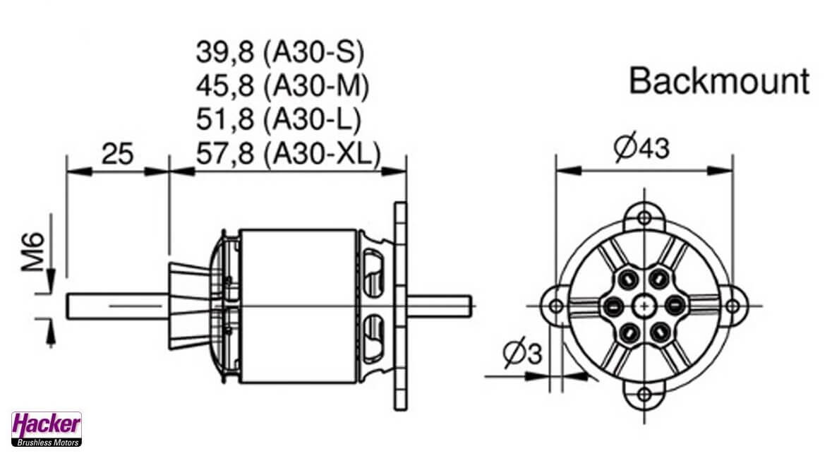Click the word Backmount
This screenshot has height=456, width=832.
(719, 81)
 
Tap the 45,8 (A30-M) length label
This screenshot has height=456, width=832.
(282, 85)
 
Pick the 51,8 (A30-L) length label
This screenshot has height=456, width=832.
(279, 119)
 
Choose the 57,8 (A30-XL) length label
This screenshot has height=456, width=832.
(289, 154)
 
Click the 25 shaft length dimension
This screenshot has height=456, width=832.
(117, 154)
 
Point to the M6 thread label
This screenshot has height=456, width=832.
(33, 251)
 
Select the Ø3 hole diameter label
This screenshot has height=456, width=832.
(523, 352)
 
